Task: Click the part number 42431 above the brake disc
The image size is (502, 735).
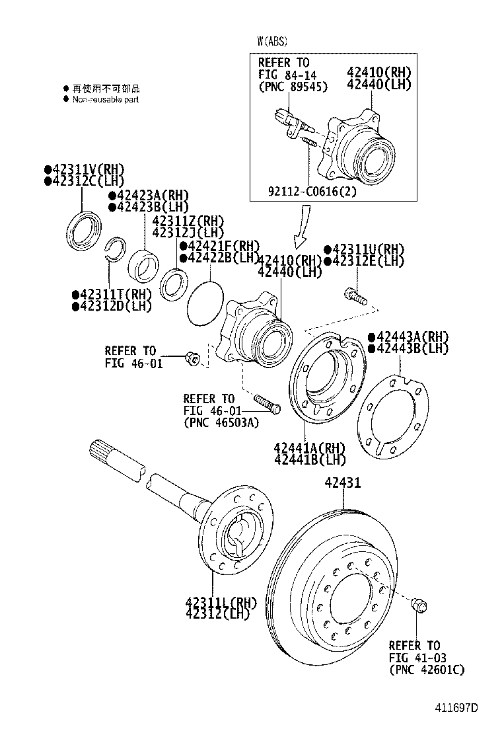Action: click(342, 483)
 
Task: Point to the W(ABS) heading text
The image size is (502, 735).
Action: click(273, 41)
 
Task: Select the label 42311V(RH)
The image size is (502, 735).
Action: click(84, 170)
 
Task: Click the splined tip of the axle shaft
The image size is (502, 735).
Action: click(101, 450)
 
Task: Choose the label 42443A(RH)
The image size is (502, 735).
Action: click(408, 337)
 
